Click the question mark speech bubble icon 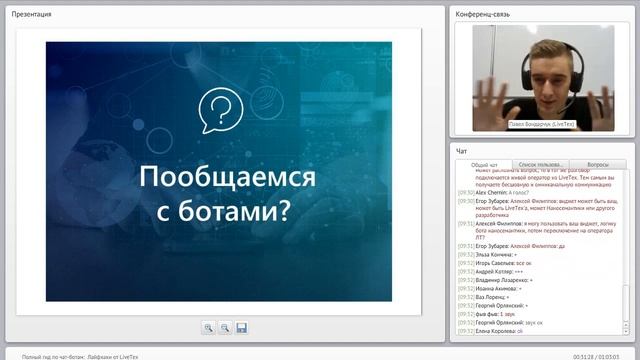pyautogui.click(x=222, y=110)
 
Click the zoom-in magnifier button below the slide pyautogui.click(x=208, y=327)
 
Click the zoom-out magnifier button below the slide pyautogui.click(x=225, y=327)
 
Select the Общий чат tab pyautogui.click(x=484, y=164)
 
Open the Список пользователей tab pyautogui.click(x=541, y=164)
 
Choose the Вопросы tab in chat pyautogui.click(x=597, y=164)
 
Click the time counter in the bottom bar pyautogui.click(x=598, y=355)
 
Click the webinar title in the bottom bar pyautogui.click(x=80, y=355)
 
